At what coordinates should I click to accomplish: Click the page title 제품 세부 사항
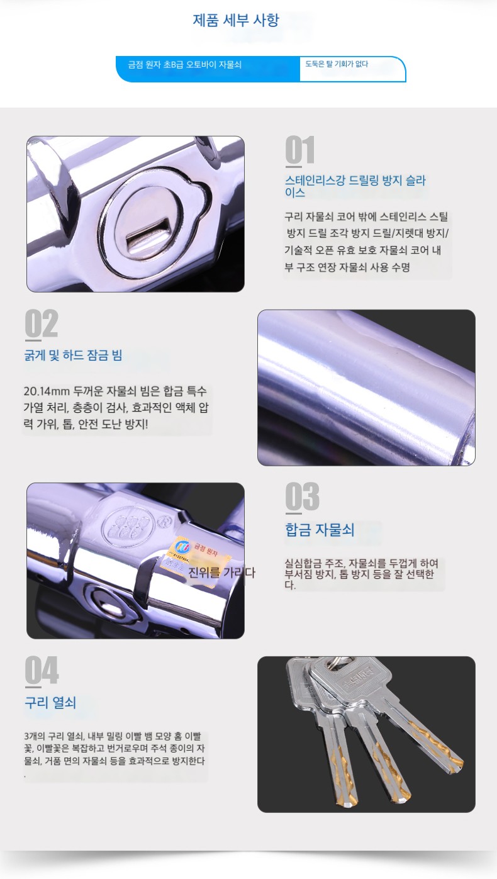[x=236, y=20]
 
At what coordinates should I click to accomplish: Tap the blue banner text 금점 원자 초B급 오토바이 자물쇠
[x=185, y=64]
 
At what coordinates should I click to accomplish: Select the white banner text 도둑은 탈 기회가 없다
[x=337, y=64]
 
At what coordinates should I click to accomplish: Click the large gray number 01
[x=300, y=150]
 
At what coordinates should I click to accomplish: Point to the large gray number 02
[x=41, y=324]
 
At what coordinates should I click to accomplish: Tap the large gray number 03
[x=302, y=496]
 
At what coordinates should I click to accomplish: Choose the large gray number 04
[x=42, y=670]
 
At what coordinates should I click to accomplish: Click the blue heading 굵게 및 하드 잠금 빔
[x=73, y=355]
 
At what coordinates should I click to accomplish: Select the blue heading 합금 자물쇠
[x=320, y=530]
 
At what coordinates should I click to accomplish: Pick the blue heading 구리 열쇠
[x=50, y=702]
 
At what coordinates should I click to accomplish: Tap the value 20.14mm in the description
[x=47, y=391]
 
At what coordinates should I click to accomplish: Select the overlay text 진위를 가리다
[x=221, y=573]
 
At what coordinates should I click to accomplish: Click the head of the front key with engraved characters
[x=351, y=685]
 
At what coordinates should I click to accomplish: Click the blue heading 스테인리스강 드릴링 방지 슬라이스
[x=355, y=186]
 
